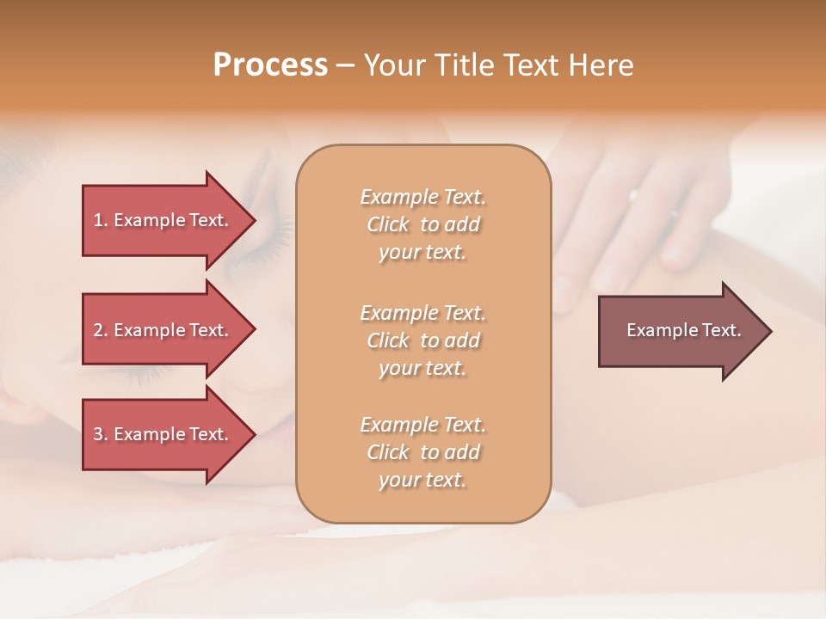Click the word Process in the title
(270, 65)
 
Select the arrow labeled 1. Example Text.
(161, 220)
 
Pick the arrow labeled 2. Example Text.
(161, 330)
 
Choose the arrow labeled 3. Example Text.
(161, 434)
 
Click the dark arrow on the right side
(683, 330)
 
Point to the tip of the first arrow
(253, 220)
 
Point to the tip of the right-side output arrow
(770, 330)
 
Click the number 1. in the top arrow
(101, 220)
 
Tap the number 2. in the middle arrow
(101, 330)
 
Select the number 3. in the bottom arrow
(101, 434)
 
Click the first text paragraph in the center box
(422, 224)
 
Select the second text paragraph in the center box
(422, 340)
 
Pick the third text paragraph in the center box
(422, 452)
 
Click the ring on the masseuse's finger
(634, 194)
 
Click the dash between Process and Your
(345, 66)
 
